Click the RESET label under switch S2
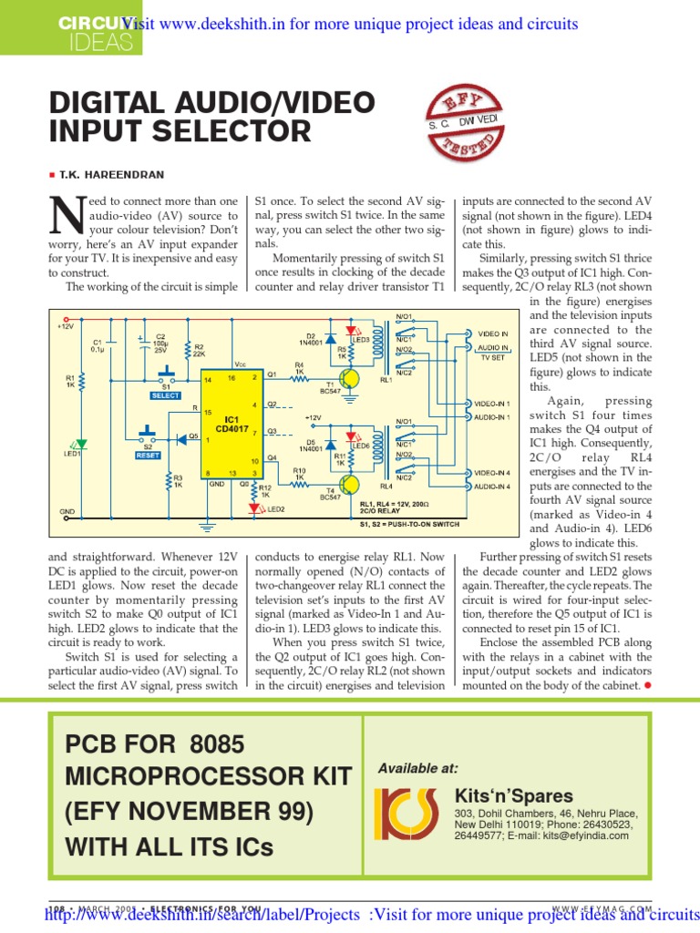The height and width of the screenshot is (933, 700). click(x=148, y=456)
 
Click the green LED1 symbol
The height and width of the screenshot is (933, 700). click(x=81, y=445)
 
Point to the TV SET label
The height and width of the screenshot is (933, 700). click(x=491, y=359)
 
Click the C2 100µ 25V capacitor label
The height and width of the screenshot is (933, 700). click(x=160, y=342)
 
